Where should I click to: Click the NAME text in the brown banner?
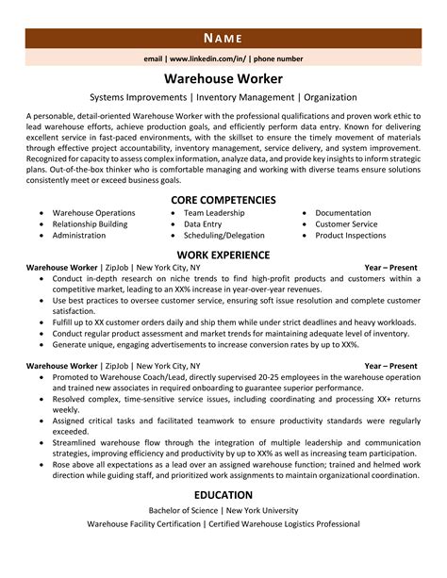pyautogui.click(x=223, y=38)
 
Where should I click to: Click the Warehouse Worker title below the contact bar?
pyautogui.click(x=223, y=79)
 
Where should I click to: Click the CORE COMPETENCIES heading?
pyautogui.click(x=223, y=200)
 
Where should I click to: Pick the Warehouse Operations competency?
pyautogui.click(x=93, y=213)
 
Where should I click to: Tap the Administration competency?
pyautogui.click(x=79, y=236)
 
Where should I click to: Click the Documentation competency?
pyautogui.click(x=343, y=213)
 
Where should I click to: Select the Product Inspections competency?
pyautogui.click(x=351, y=236)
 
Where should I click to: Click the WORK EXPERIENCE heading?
pyautogui.click(x=223, y=255)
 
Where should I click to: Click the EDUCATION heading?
pyautogui.click(x=223, y=495)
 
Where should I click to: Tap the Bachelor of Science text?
pyautogui.click(x=183, y=510)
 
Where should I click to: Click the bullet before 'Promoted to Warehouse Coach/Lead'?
pyautogui.click(x=41, y=376)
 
